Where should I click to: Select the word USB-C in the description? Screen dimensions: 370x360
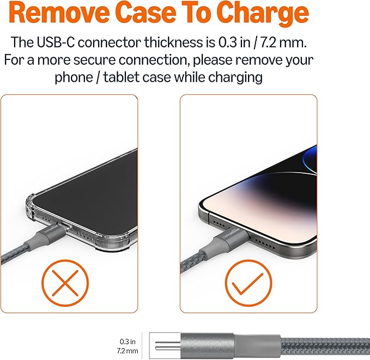[56, 42]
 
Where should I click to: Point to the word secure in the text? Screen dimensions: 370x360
[94, 60]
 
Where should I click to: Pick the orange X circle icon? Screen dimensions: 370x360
[65, 283]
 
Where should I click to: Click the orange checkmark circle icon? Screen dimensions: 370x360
[248, 283]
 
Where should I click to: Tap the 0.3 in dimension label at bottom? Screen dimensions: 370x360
[128, 341]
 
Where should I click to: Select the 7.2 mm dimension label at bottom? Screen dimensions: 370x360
[128, 351]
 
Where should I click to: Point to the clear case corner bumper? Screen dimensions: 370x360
[30, 205]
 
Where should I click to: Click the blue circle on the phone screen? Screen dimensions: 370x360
[310, 161]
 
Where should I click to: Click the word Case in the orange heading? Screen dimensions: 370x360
[146, 13]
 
